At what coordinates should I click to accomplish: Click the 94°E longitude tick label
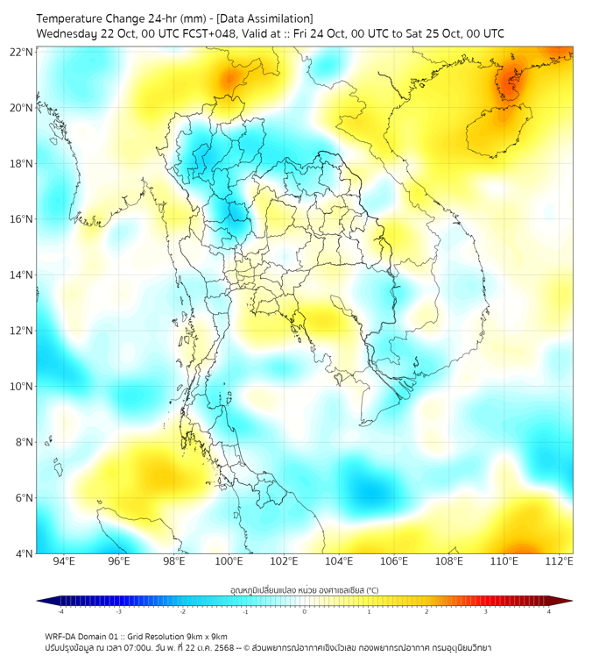[x=64, y=561]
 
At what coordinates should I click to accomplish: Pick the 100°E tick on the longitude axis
[x=229, y=561]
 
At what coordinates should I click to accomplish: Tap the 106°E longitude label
[x=394, y=561]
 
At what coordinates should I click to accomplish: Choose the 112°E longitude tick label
[x=559, y=561]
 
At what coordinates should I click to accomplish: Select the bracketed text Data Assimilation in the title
[x=264, y=18]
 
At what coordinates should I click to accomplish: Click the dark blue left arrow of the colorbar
[x=42, y=601]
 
